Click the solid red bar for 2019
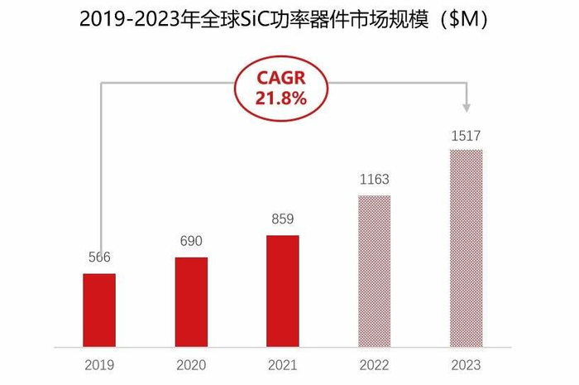point(99,310)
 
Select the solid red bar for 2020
point(191,301)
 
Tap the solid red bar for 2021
point(282,291)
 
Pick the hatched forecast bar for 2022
point(374,271)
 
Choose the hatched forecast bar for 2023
point(466,248)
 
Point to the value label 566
point(99,257)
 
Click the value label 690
point(191,241)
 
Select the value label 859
point(282,219)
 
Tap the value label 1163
point(374,179)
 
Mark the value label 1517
point(466,135)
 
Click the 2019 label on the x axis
point(99,364)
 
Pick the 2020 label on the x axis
point(191,364)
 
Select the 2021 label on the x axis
point(282,364)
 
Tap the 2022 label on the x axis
point(374,364)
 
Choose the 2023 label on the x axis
point(466,364)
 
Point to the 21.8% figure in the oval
point(282,98)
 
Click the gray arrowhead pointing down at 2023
point(467,108)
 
